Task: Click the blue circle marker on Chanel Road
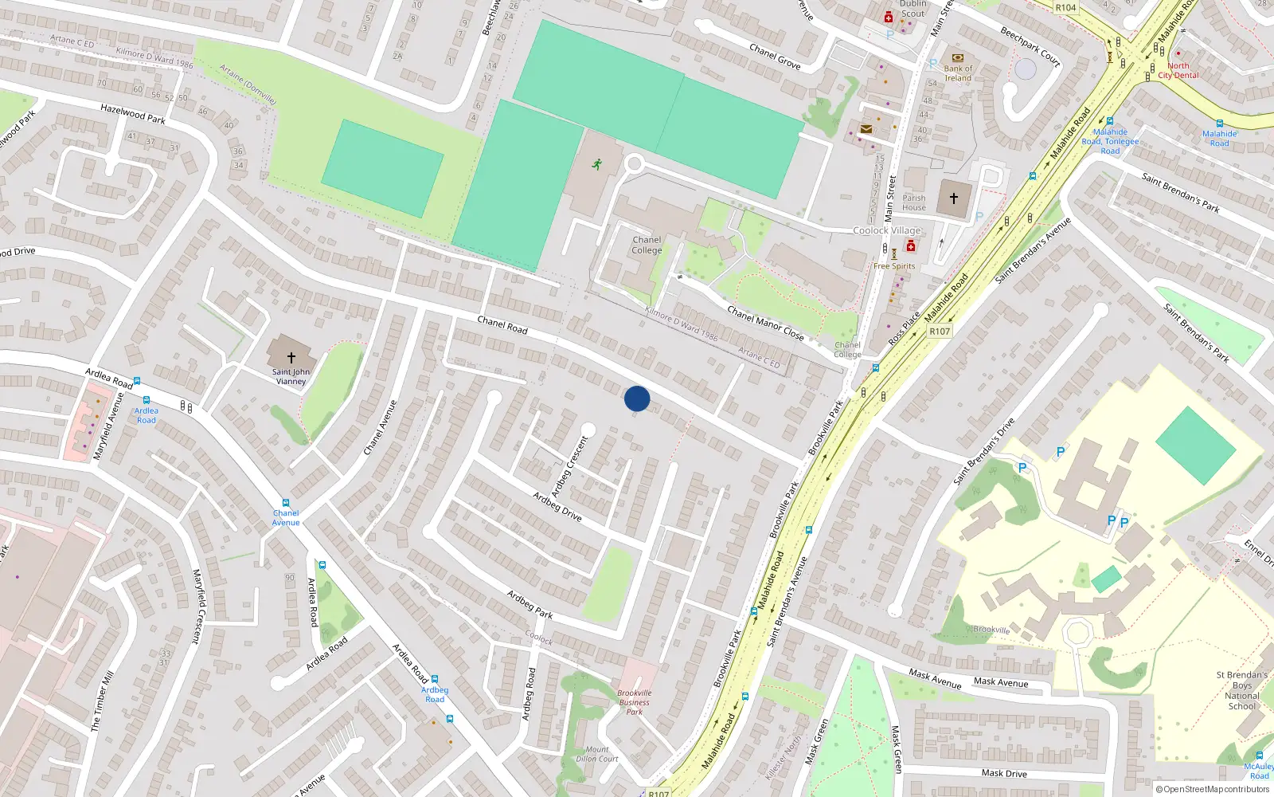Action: (637, 398)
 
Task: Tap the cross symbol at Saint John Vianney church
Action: (291, 358)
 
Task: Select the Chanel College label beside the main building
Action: (647, 245)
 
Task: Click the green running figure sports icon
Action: (596, 165)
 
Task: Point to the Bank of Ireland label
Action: (958, 73)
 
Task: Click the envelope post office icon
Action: (866, 129)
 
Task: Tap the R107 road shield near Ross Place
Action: (940, 332)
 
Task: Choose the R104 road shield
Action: (1065, 8)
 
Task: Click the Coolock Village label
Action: (886, 230)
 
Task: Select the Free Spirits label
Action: (894, 266)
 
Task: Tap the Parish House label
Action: (914, 202)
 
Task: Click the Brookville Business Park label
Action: (634, 702)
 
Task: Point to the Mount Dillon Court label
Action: (597, 754)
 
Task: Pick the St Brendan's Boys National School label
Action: (1242, 690)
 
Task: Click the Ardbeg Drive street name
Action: (557, 507)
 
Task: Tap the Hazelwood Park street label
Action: (133, 114)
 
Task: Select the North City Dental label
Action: (1178, 71)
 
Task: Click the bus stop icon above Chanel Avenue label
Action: (285, 504)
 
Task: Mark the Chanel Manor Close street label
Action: (765, 324)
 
